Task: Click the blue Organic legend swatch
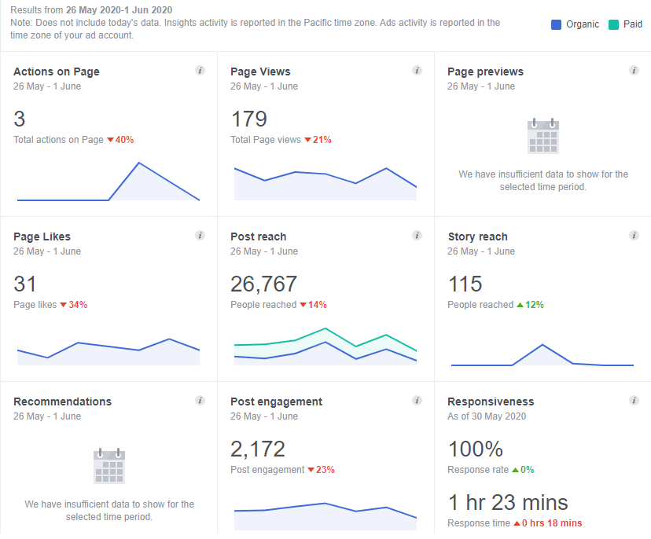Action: click(x=557, y=24)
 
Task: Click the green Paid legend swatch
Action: click(x=613, y=24)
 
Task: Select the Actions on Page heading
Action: click(x=57, y=71)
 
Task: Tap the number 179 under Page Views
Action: click(x=248, y=119)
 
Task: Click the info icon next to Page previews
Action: click(x=634, y=71)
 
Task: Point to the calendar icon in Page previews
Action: click(x=542, y=136)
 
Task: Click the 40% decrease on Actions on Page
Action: click(x=120, y=140)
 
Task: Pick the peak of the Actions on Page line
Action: click(x=139, y=163)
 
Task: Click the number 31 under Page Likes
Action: click(x=25, y=284)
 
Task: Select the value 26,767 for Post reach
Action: click(x=263, y=284)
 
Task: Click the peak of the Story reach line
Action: click(x=542, y=345)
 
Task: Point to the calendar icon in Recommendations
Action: click(x=108, y=466)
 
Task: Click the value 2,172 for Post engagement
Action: click(x=258, y=449)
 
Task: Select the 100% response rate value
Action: click(x=476, y=449)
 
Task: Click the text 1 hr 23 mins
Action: click(x=508, y=502)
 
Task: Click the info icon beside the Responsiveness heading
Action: click(x=634, y=401)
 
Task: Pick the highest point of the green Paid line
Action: click(x=325, y=328)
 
